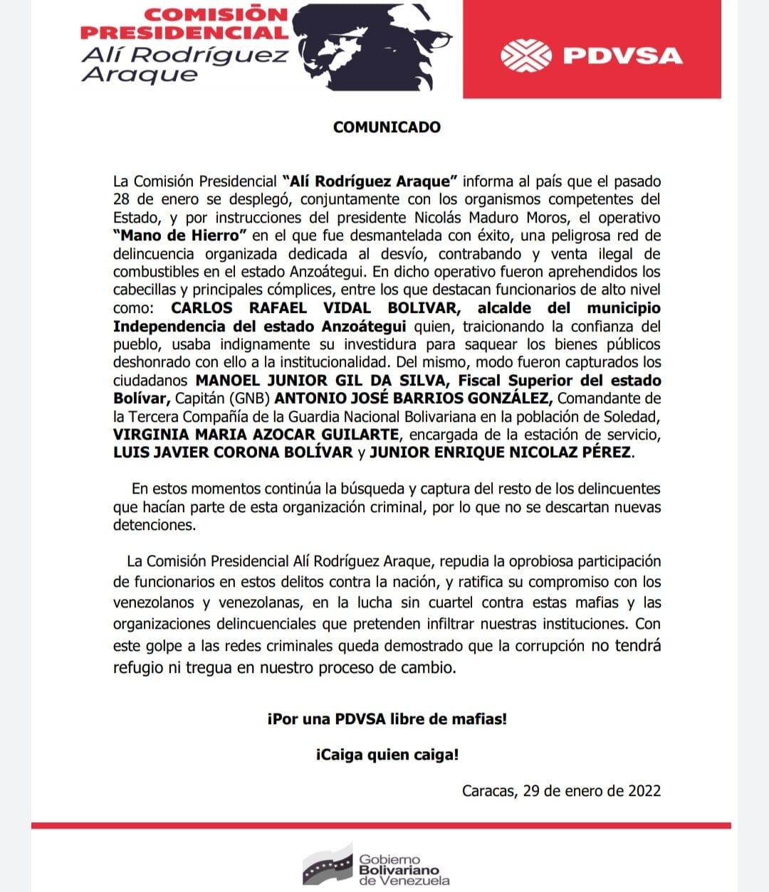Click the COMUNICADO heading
coord(387,127)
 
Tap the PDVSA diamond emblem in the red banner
coord(525,55)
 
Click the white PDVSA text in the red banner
coord(622,55)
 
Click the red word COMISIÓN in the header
coord(215,14)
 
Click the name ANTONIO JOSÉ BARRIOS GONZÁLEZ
coord(413,398)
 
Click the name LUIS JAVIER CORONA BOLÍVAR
coord(233,452)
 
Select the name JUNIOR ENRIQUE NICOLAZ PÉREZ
coord(500,452)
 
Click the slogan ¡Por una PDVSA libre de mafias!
coord(387,718)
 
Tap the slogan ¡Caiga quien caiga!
coord(387,755)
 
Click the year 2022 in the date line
coord(644,791)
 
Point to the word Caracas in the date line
coord(488,791)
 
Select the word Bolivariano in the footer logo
coord(399,870)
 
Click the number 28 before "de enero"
coord(121,199)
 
